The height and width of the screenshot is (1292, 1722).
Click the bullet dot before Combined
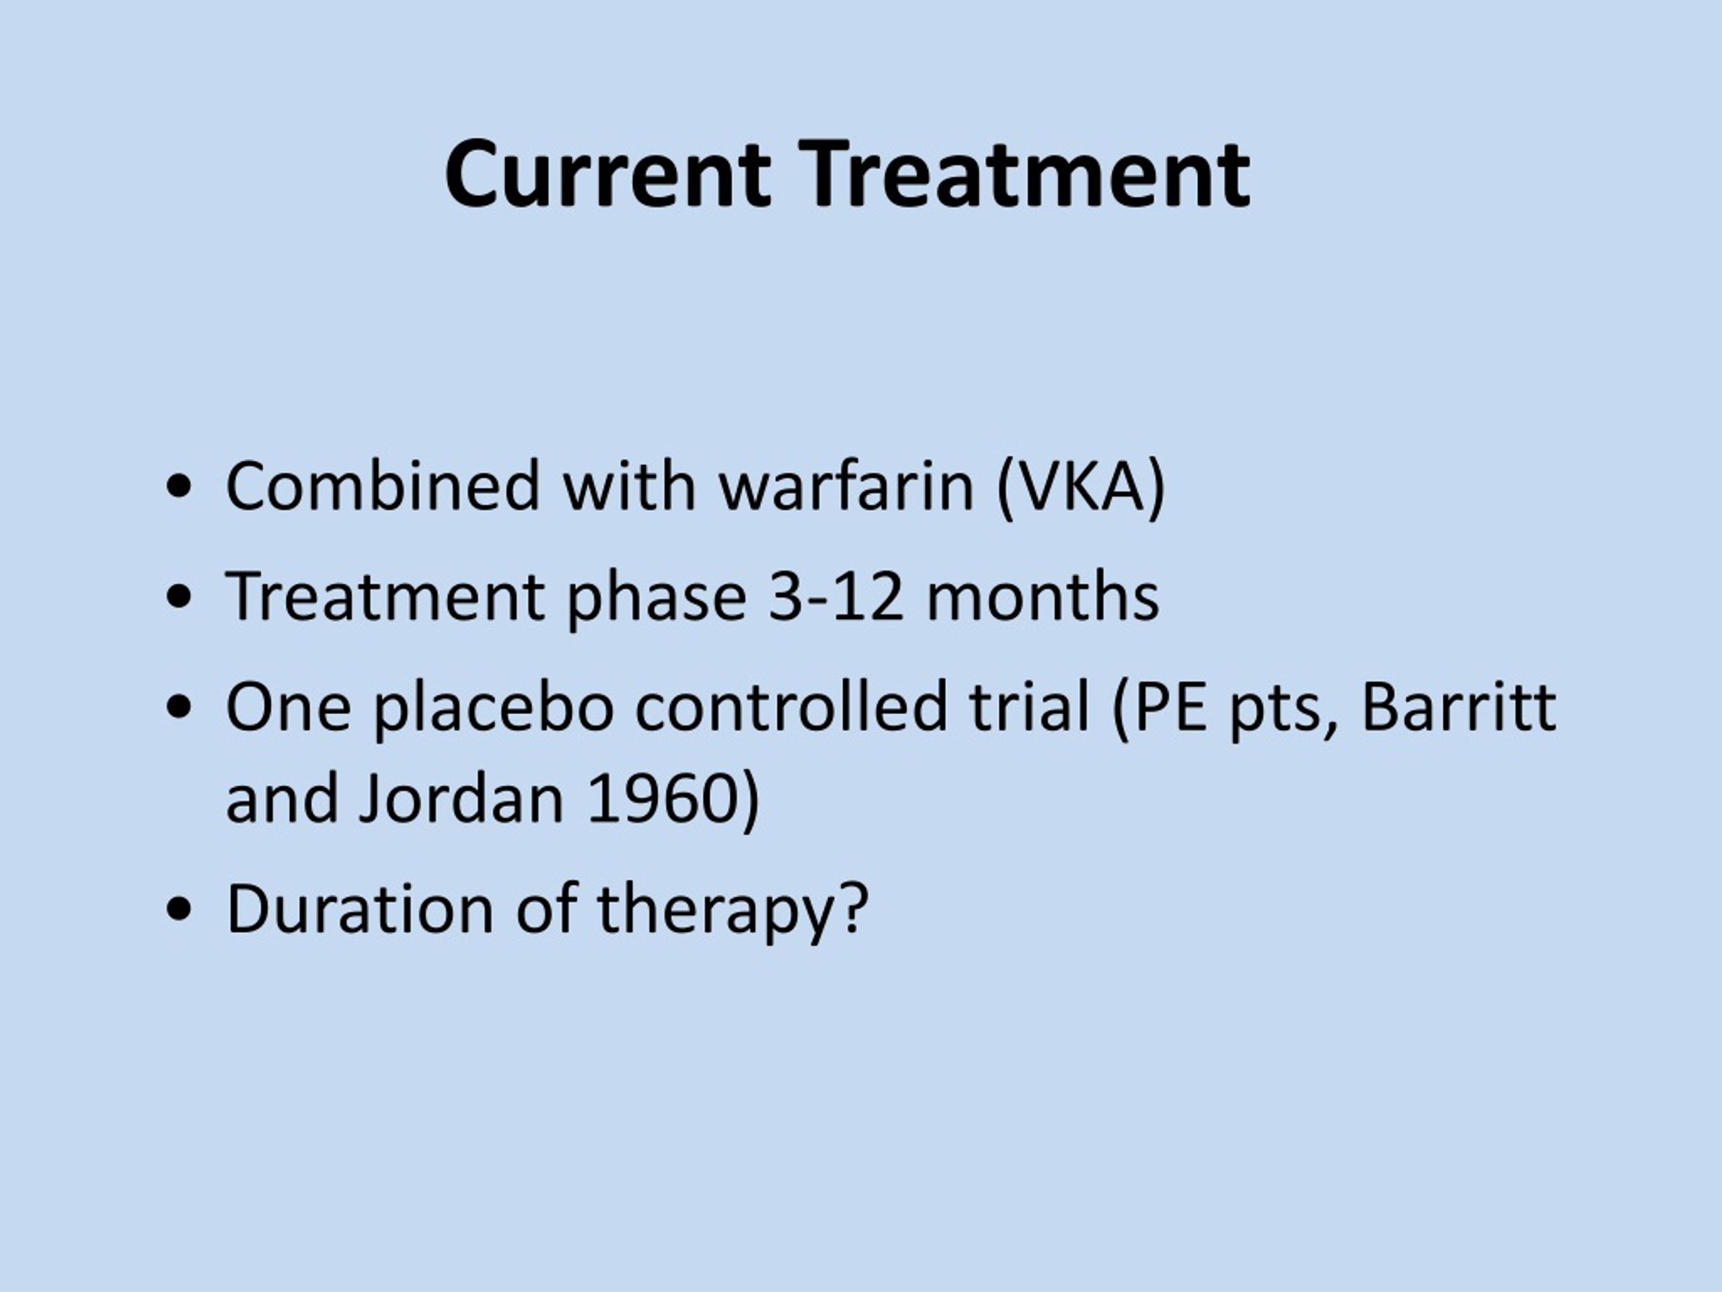179,489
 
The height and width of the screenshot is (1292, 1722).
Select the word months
1043,597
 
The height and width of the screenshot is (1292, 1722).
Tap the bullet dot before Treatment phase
179,598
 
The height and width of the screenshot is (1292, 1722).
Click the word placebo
493,707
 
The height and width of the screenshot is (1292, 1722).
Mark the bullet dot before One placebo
179,708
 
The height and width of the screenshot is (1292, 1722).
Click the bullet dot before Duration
179,910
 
